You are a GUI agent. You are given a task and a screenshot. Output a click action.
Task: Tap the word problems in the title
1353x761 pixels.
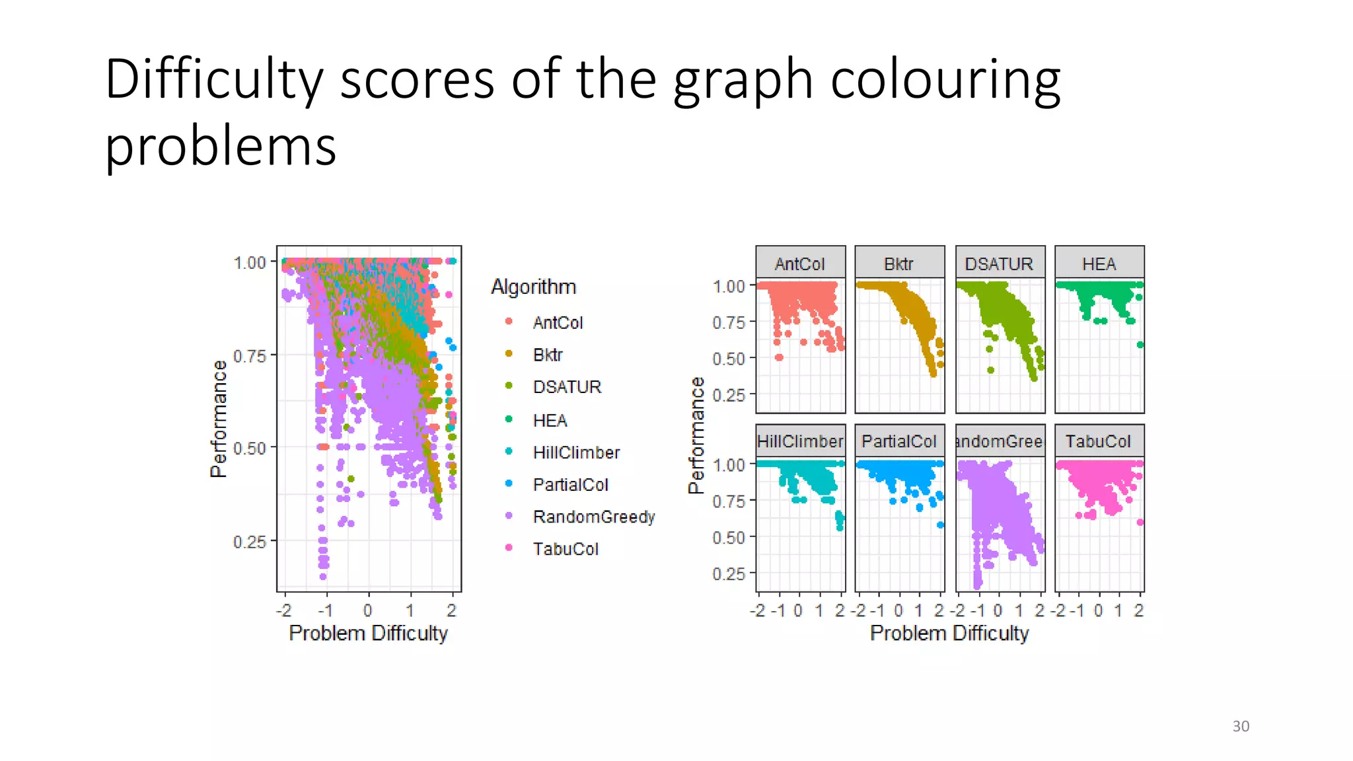pos(221,146)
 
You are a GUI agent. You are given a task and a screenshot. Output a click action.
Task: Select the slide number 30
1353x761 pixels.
pos(1240,726)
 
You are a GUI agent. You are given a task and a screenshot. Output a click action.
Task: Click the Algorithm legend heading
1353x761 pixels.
pos(533,287)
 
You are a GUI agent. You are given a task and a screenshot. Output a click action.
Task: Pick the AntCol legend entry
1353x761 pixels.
pos(557,322)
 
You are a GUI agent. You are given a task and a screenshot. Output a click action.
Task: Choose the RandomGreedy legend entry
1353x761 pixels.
pos(593,517)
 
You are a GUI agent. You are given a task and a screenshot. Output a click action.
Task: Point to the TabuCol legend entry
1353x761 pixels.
pos(565,549)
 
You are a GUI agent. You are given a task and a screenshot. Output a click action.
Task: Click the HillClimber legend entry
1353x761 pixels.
pos(575,453)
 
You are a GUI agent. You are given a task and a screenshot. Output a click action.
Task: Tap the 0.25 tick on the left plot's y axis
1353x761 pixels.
pos(250,542)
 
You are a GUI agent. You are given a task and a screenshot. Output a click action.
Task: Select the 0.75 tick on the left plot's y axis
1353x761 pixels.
pos(250,356)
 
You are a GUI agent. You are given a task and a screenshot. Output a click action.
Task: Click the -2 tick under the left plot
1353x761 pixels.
pos(284,610)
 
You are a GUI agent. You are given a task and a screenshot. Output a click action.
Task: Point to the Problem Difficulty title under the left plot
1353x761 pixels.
pos(368,633)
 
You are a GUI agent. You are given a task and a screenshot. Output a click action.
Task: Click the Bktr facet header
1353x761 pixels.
pos(898,264)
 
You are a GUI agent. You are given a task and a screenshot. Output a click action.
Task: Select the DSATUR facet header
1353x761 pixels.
pos(999,264)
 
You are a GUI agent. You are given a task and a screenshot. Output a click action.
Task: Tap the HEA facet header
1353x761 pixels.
pos(1099,264)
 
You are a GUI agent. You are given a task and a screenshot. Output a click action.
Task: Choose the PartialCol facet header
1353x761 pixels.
pos(898,441)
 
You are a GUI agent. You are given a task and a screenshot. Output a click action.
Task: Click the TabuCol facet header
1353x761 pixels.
pos(1098,441)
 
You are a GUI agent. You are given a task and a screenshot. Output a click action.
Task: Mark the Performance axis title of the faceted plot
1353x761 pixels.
pos(696,436)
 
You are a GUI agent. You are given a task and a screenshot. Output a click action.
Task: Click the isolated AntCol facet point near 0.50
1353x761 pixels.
pos(779,357)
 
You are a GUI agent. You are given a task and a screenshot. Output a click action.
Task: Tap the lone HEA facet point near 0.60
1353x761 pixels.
pos(1140,345)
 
